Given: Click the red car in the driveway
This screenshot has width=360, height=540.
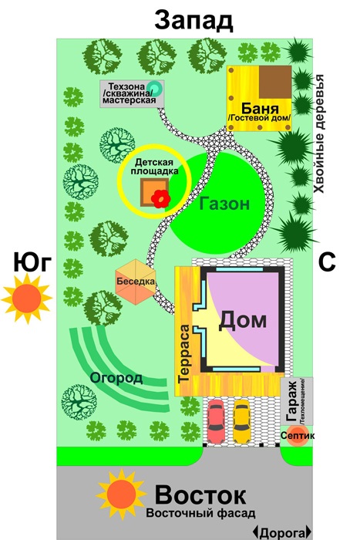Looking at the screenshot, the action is pyautogui.click(x=215, y=422).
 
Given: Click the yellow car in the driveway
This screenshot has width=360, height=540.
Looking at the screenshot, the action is pyautogui.click(x=241, y=422).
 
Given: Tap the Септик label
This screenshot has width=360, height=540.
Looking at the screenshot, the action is pyautogui.click(x=298, y=436).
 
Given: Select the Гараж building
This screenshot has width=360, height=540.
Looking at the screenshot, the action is pyautogui.click(x=297, y=401).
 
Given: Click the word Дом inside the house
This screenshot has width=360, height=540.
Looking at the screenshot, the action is pyautogui.click(x=242, y=320).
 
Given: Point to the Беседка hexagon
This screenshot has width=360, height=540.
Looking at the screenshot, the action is pyautogui.click(x=135, y=282).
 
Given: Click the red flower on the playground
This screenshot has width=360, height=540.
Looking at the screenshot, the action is pyautogui.click(x=160, y=199).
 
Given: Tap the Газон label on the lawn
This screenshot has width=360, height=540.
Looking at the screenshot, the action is pyautogui.click(x=224, y=204).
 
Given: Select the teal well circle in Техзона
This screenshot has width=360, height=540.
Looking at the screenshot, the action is pyautogui.click(x=154, y=89).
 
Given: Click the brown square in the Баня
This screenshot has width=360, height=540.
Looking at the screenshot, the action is pyautogui.click(x=274, y=83).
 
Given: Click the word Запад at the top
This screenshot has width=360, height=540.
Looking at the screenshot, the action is pyautogui.click(x=193, y=20).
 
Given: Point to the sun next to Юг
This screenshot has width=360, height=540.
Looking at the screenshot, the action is pyautogui.click(x=26, y=299).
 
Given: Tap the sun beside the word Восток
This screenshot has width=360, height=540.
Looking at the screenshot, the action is pyautogui.click(x=121, y=494).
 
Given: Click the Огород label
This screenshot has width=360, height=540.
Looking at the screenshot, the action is pyautogui.click(x=116, y=378).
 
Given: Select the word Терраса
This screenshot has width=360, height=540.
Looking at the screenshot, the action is pyautogui.click(x=184, y=353).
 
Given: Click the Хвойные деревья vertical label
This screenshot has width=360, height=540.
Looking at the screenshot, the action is pyautogui.click(x=319, y=133).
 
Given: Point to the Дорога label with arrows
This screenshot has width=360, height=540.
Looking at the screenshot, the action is pyautogui.click(x=282, y=532).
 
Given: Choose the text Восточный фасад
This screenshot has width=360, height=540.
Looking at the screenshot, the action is pyautogui.click(x=200, y=513).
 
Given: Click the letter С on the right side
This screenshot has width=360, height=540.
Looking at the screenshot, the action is pyautogui.click(x=326, y=262).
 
